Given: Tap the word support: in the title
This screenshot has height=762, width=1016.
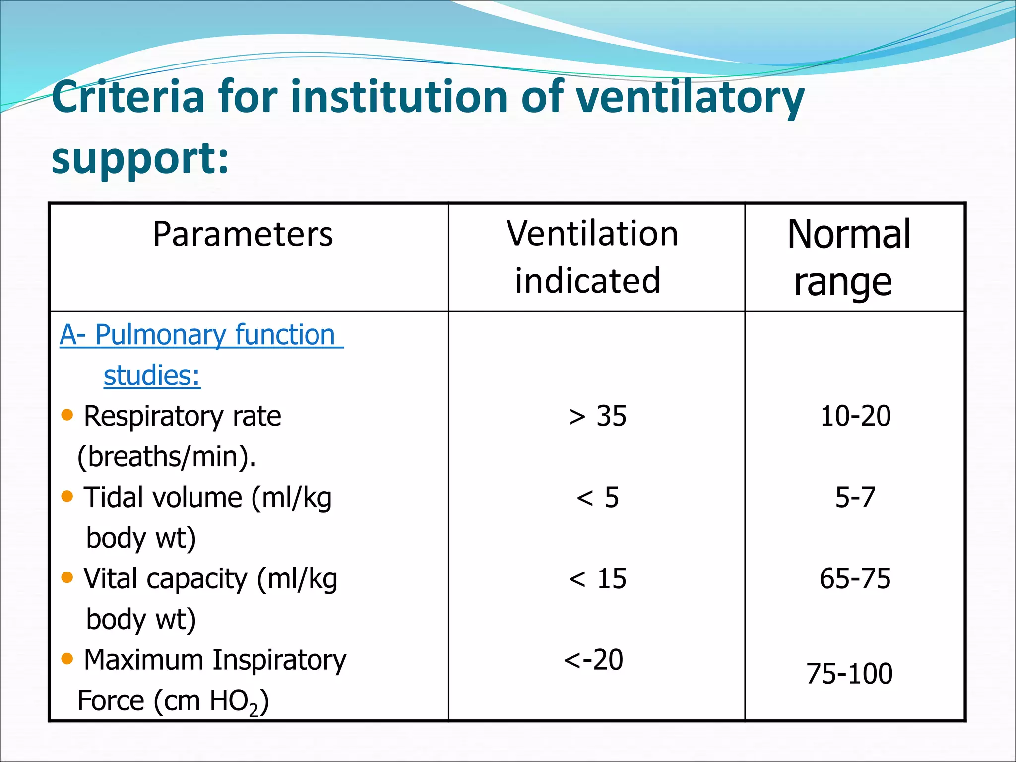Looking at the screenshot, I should pyautogui.click(x=140, y=159).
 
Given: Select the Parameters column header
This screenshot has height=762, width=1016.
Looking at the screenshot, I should pyautogui.click(x=243, y=234).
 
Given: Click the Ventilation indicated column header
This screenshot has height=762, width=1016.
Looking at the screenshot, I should pyautogui.click(x=591, y=257).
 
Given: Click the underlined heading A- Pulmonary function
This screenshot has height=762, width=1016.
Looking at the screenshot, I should pyautogui.click(x=201, y=335).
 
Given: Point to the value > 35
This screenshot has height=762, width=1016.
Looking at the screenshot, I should pyautogui.click(x=597, y=416).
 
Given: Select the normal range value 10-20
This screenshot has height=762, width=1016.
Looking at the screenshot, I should pyautogui.click(x=855, y=416).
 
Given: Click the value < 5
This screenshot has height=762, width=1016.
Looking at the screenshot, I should pyautogui.click(x=597, y=497).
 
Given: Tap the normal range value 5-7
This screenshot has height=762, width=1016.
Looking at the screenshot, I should pyautogui.click(x=855, y=497).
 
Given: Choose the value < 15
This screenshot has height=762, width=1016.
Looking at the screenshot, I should pyautogui.click(x=597, y=578).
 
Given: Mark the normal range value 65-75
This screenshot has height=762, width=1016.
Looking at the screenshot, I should pyautogui.click(x=855, y=578).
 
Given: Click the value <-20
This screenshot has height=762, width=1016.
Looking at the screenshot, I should pyautogui.click(x=593, y=660).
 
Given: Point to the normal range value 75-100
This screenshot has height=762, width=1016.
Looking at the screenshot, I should pyautogui.click(x=849, y=674).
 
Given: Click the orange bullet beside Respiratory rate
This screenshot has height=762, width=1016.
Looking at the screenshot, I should pyautogui.click(x=67, y=414).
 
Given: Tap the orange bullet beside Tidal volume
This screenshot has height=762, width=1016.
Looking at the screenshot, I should pyautogui.click(x=67, y=496).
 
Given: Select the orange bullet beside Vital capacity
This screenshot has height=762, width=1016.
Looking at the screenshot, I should pyautogui.click(x=67, y=577).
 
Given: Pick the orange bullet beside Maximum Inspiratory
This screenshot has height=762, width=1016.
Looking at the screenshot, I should pyautogui.click(x=67, y=658).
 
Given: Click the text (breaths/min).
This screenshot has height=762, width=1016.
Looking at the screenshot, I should pyautogui.click(x=167, y=456).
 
